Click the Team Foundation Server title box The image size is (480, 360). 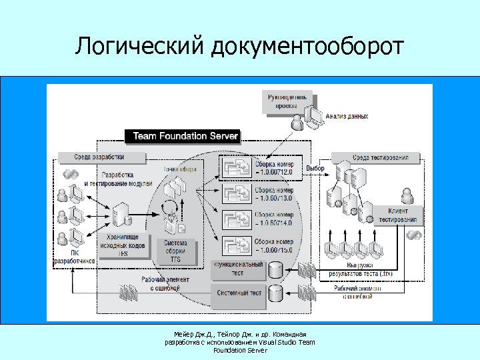[x=185, y=136]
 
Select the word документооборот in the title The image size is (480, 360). [x=307, y=47]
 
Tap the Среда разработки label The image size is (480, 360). [x=100, y=157]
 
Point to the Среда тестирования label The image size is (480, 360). [x=380, y=157]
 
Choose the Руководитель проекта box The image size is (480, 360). [x=287, y=101]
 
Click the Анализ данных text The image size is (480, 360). [x=347, y=117]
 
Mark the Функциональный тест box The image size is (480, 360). [x=238, y=269]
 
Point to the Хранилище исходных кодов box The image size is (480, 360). [x=122, y=244]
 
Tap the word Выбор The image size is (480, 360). [x=315, y=169]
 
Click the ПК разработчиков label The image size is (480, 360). [x=74, y=257]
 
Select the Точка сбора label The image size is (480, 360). [x=180, y=169]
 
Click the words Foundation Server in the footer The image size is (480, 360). [x=239, y=350]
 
